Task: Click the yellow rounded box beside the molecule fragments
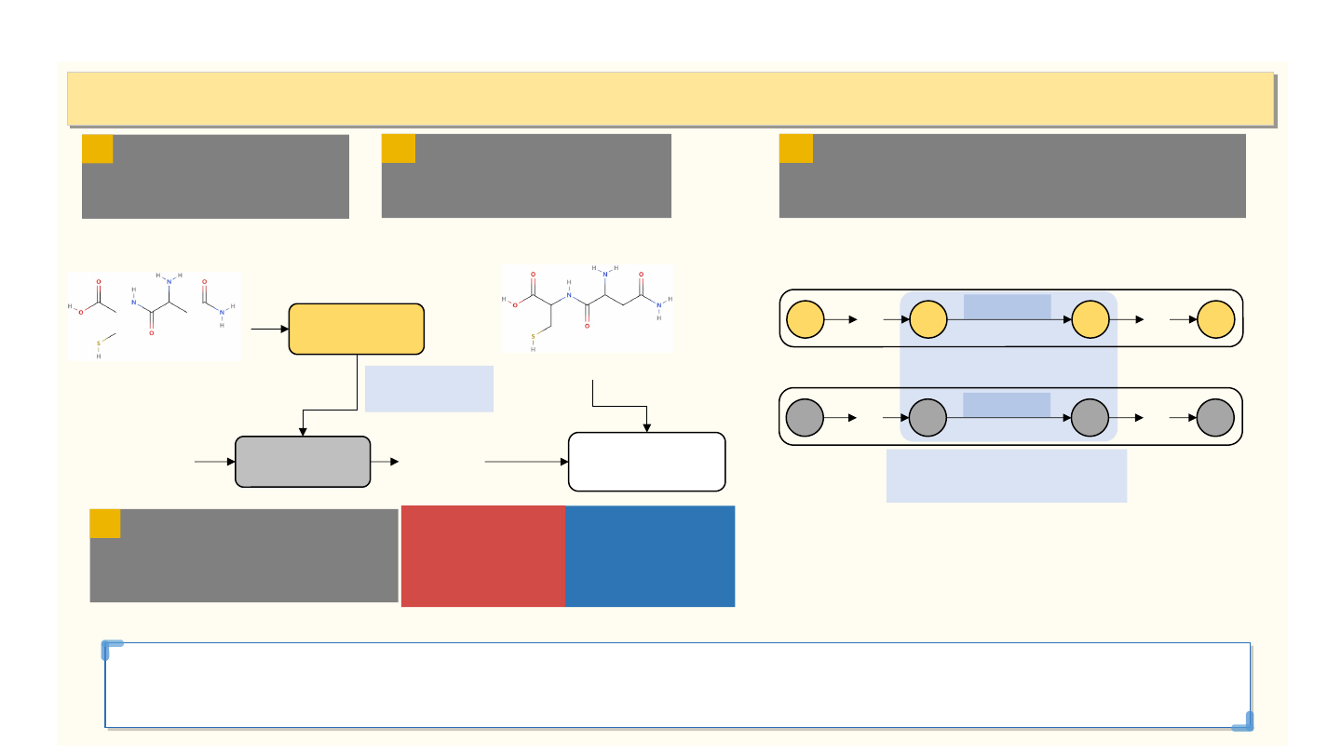click(x=357, y=329)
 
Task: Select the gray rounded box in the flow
click(x=303, y=461)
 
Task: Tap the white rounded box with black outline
click(x=646, y=461)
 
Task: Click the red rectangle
click(x=482, y=556)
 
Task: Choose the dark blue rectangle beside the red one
click(x=650, y=556)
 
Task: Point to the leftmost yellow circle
click(x=805, y=319)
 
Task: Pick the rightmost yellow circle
click(x=1215, y=319)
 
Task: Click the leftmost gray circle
click(x=805, y=417)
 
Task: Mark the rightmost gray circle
click(x=1215, y=417)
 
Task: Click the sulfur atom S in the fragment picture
click(x=98, y=343)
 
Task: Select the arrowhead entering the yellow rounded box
click(x=285, y=329)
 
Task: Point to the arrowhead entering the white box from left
click(x=563, y=461)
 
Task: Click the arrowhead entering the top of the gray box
click(x=303, y=431)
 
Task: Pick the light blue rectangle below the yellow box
click(x=428, y=388)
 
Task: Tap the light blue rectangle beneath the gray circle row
click(x=1006, y=476)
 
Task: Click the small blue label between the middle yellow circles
click(x=1007, y=306)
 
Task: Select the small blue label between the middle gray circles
click(x=1007, y=404)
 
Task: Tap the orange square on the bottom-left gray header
click(x=105, y=523)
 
